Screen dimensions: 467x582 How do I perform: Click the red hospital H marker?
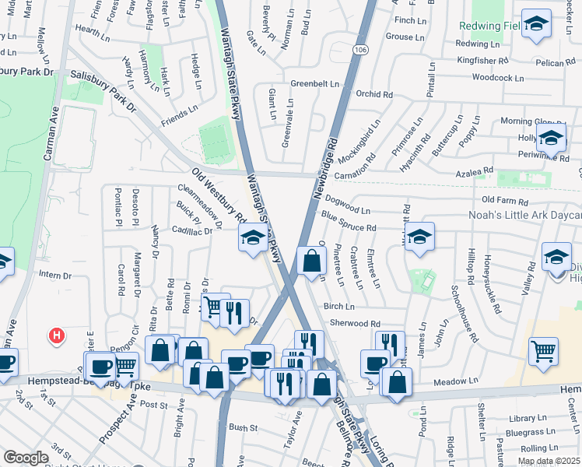click(x=56, y=335)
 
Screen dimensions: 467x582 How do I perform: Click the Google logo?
click(x=26, y=458)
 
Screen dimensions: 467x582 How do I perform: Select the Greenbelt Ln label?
click(x=315, y=83)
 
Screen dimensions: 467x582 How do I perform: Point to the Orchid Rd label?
click(x=374, y=94)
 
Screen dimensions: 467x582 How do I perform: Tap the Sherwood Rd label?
click(x=354, y=323)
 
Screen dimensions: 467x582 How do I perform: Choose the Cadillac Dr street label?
click(x=191, y=231)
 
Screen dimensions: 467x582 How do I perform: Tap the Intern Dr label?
click(x=54, y=275)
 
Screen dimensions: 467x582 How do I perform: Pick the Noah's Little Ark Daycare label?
click(x=524, y=215)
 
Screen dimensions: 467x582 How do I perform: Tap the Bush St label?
click(x=243, y=427)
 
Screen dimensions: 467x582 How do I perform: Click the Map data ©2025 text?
click(x=548, y=461)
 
